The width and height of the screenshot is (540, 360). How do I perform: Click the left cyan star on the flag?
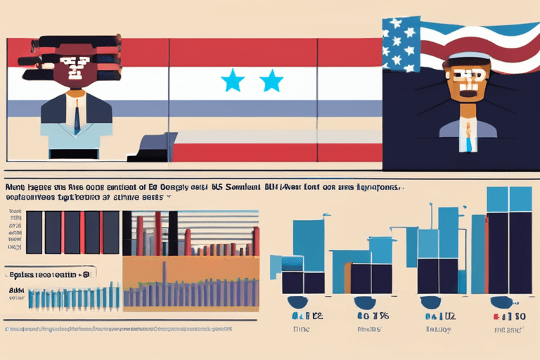[x=233, y=82]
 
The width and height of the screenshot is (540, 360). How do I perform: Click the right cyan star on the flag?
[x=271, y=82]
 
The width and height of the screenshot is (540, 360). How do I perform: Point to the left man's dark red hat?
[x=74, y=51]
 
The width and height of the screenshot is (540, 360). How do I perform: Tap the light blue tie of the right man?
[x=467, y=137]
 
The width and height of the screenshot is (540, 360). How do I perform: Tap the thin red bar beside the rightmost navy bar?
[x=486, y=253]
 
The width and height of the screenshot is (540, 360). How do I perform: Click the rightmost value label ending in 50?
[x=510, y=316]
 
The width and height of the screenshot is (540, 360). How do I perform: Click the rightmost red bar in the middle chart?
[x=256, y=240]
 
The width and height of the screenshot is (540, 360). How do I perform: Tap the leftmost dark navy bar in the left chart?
[x=34, y=232]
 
